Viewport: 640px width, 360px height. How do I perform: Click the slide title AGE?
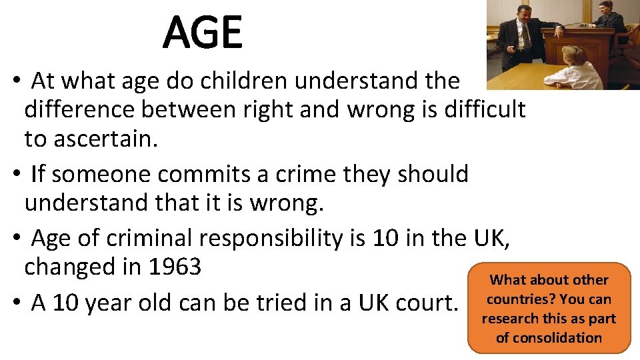coord(203,33)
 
